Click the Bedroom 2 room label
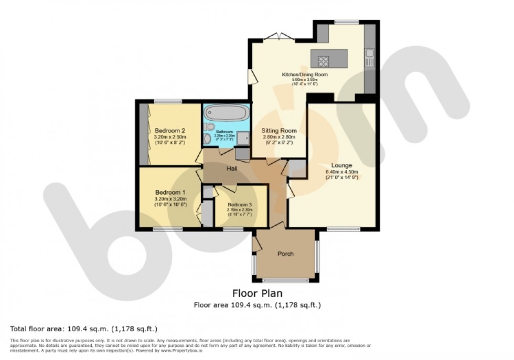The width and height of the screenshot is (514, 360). pyautogui.click(x=170, y=130)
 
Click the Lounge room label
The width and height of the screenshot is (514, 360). pyautogui.click(x=341, y=166)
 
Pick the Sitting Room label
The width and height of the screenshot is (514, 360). pyautogui.click(x=280, y=131)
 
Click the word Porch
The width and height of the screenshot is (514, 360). pyautogui.click(x=285, y=254)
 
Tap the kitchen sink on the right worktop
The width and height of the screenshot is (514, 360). pyautogui.click(x=370, y=54)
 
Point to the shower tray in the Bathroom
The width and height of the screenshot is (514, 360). pyautogui.click(x=243, y=138)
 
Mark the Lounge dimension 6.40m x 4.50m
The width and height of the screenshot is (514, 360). pyautogui.click(x=341, y=172)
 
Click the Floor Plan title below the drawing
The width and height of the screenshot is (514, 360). pyautogui.click(x=257, y=293)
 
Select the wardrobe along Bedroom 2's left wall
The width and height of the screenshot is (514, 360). pyautogui.click(x=144, y=133)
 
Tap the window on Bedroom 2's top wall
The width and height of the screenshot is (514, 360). pyautogui.click(x=168, y=101)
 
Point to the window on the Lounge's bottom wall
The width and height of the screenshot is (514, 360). pyautogui.click(x=344, y=228)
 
